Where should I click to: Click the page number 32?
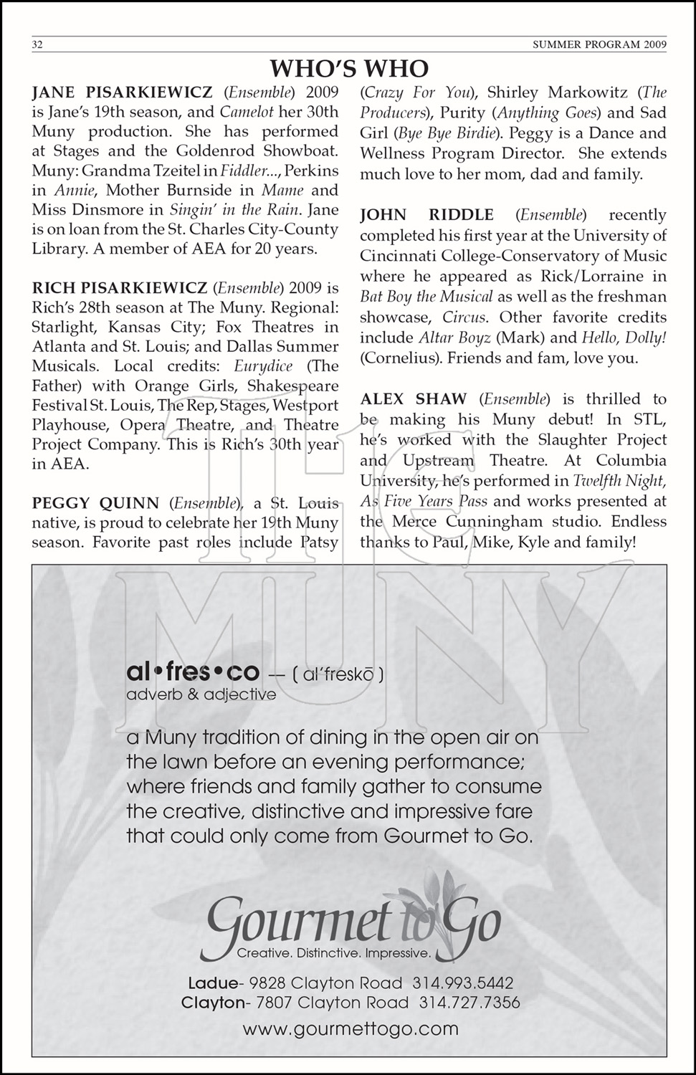pos(38,45)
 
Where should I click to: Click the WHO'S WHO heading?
pos(349,69)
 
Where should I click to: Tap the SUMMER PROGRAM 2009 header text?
pos(600,45)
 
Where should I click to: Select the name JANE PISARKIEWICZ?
pos(123,92)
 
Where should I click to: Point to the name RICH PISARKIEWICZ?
pos(119,288)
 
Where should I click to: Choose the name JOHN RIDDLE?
pos(426,215)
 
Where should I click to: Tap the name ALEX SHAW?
pos(413,399)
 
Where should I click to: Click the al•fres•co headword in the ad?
pos(192,672)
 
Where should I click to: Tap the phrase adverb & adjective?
pos(201,694)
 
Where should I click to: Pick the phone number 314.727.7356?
pos(469,1003)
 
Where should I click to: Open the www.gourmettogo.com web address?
pos(351,1029)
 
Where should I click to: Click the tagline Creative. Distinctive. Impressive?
pos(334,954)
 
